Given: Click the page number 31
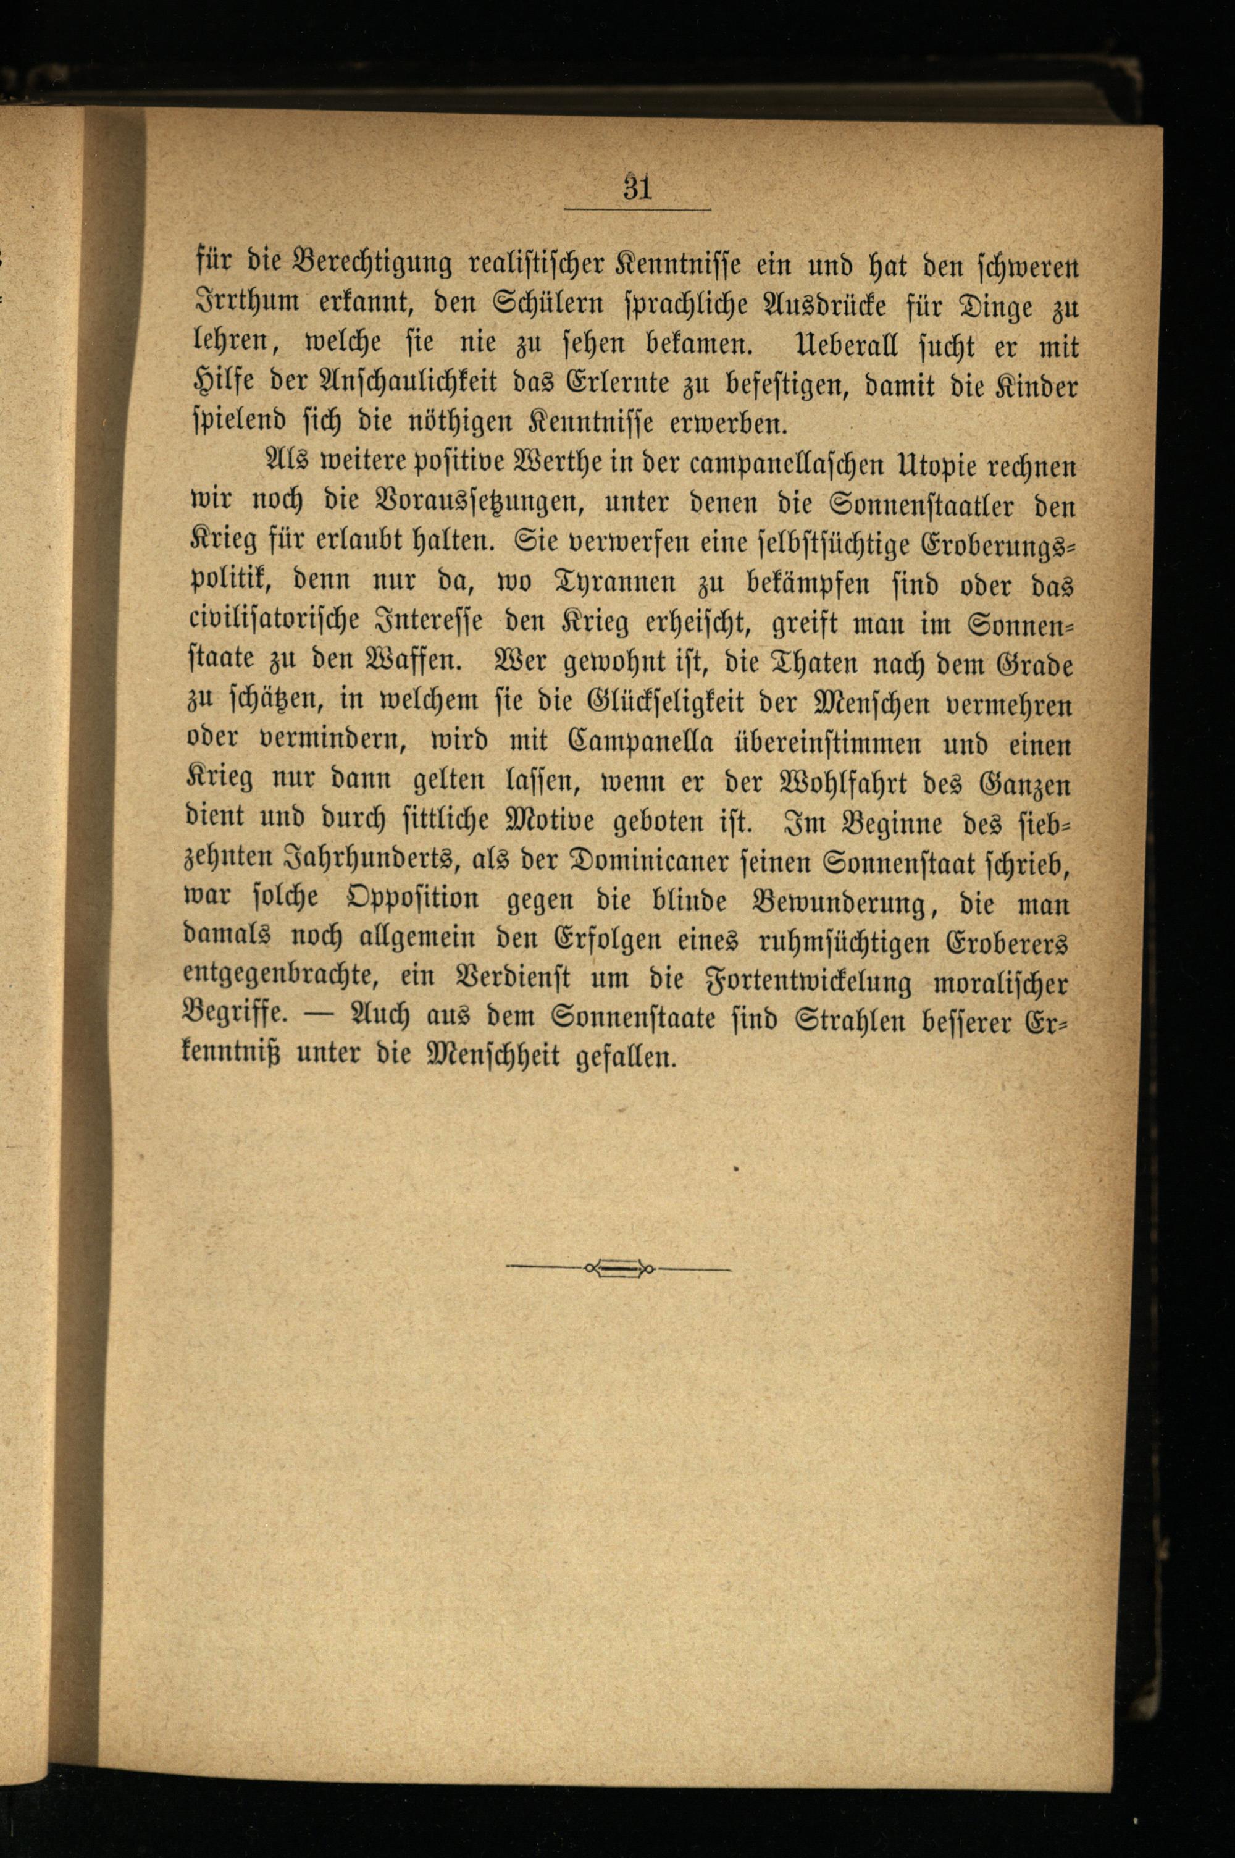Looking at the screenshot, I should (x=637, y=189).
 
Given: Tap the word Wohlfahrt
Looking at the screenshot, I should (x=865, y=782).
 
